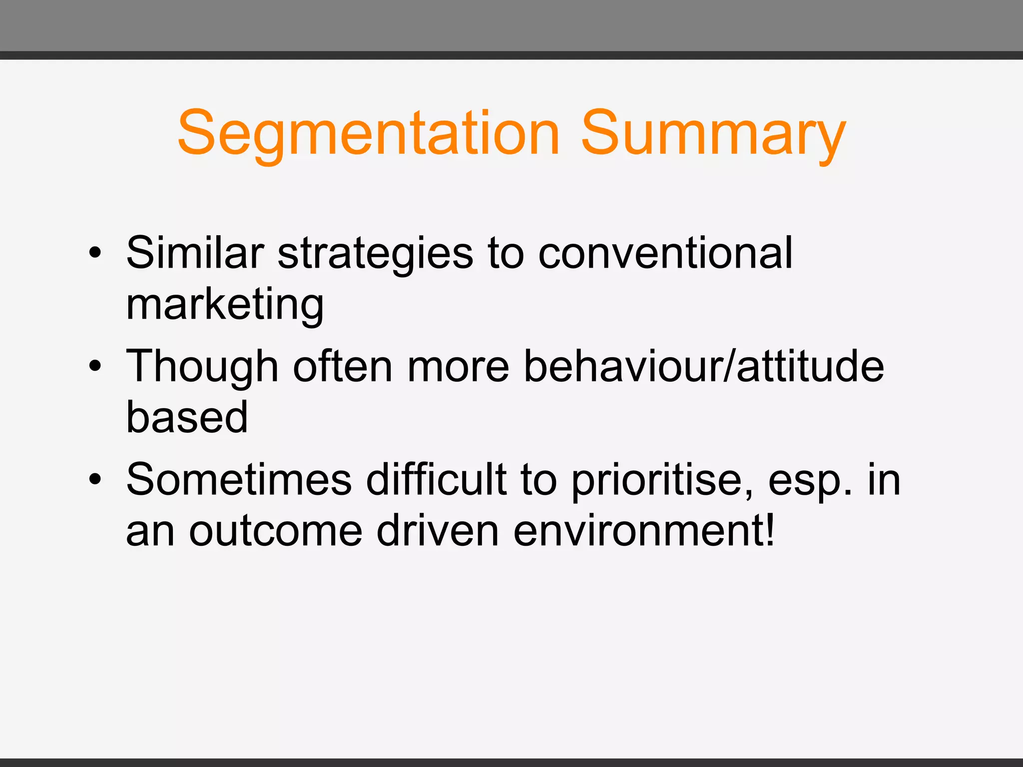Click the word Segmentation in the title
[x=369, y=134]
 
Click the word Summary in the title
[x=713, y=134]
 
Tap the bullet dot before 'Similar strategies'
[x=94, y=253]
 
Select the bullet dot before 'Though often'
[x=94, y=366]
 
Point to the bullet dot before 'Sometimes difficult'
[x=94, y=479]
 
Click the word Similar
[x=195, y=253]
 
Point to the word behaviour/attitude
[x=704, y=366]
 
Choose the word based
[x=187, y=417]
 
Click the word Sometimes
[x=239, y=479]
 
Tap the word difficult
[x=436, y=479]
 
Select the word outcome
[x=275, y=531]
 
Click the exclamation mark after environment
[x=770, y=529]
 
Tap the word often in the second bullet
[x=343, y=366]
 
